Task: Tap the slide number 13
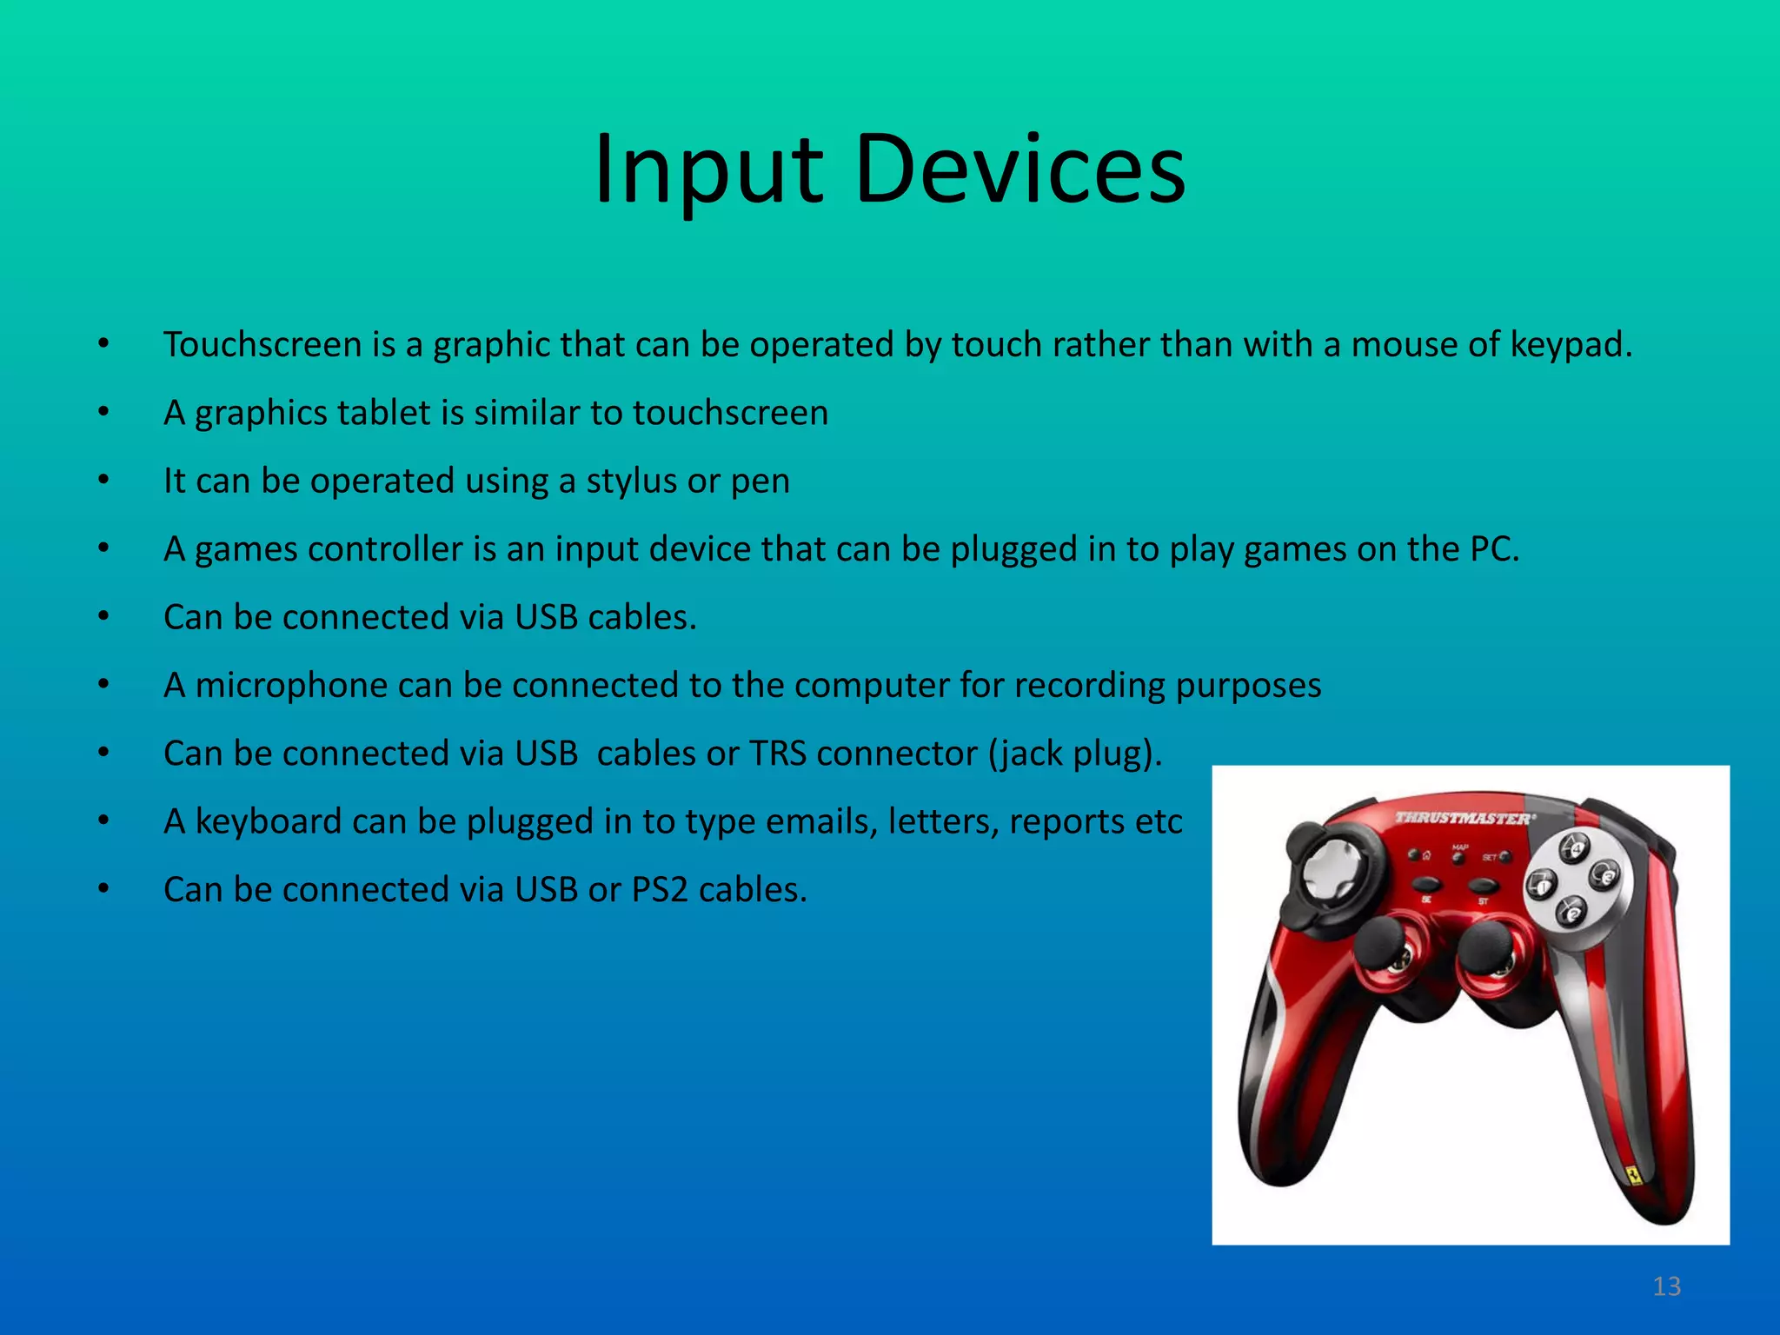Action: pos(1666,1286)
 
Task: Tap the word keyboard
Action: pos(269,822)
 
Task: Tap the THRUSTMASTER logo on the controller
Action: pos(1465,818)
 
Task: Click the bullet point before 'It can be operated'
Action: pos(103,481)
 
